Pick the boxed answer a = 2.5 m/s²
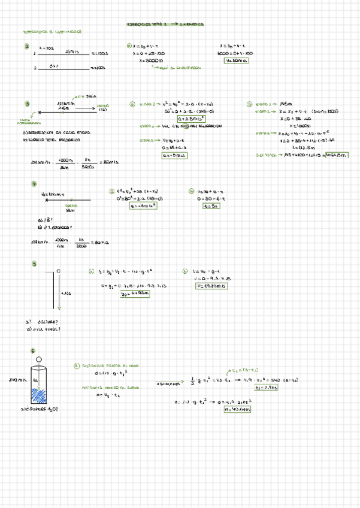click(176, 119)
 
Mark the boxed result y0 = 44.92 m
click(134, 294)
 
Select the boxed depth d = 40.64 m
click(237, 409)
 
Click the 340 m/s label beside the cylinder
click(15, 380)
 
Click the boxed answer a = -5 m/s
click(174, 155)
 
